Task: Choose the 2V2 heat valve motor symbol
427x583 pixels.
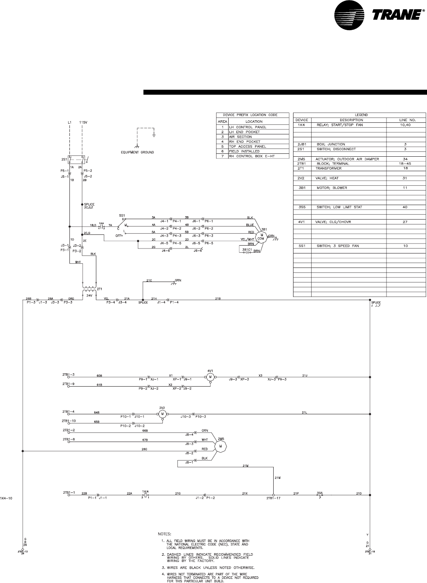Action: (162, 414)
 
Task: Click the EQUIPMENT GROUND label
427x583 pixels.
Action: (134, 153)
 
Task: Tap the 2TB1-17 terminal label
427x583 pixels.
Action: (273, 498)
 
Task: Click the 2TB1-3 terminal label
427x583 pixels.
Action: (69, 375)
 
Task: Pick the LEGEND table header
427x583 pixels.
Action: (359, 115)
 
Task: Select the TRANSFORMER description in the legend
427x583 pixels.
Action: (329, 168)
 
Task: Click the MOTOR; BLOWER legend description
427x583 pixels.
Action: (332, 188)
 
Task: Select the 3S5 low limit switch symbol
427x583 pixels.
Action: (319, 494)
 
